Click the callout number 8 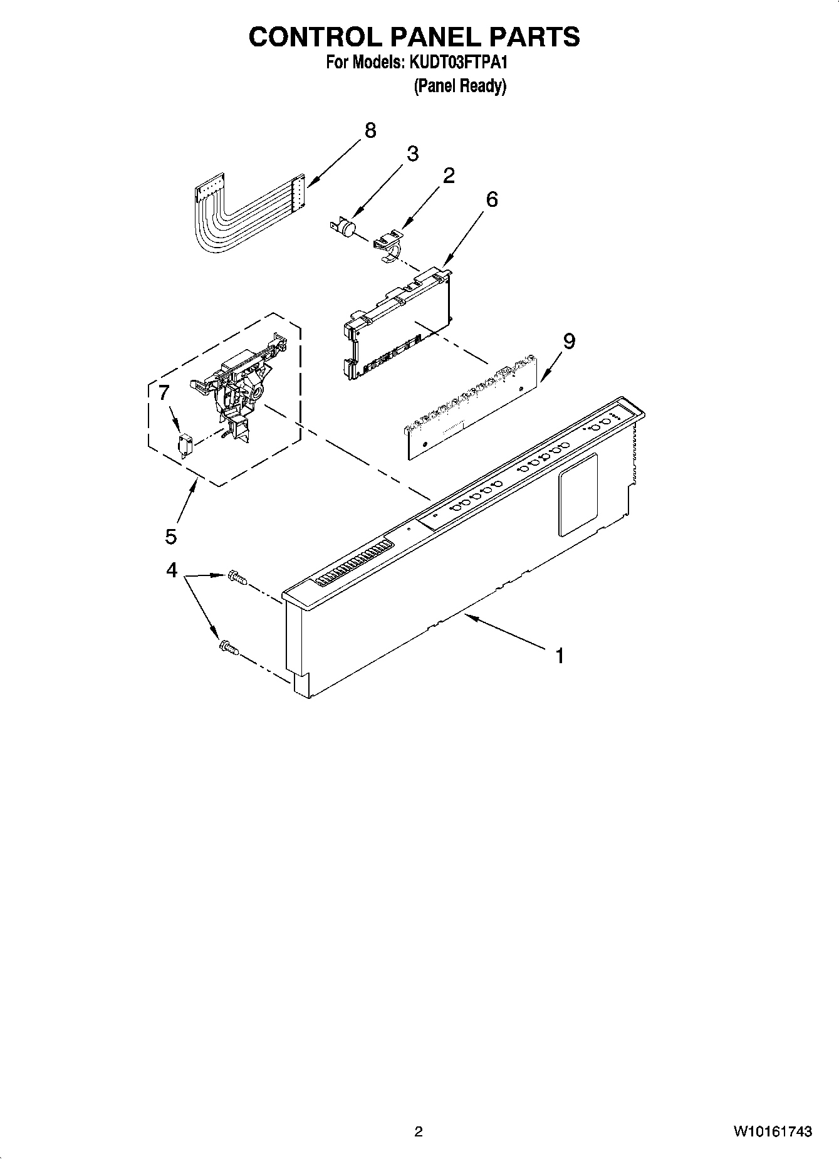click(370, 130)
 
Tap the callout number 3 click(412, 154)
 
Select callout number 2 click(449, 176)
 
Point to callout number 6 click(492, 199)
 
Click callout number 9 click(569, 342)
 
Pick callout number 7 click(164, 393)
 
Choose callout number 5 click(171, 536)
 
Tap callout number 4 click(171, 570)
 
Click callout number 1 click(560, 656)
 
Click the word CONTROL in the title click(316, 38)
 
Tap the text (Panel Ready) click(459, 86)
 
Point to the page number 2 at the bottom click(419, 1131)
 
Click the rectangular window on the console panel click(578, 495)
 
